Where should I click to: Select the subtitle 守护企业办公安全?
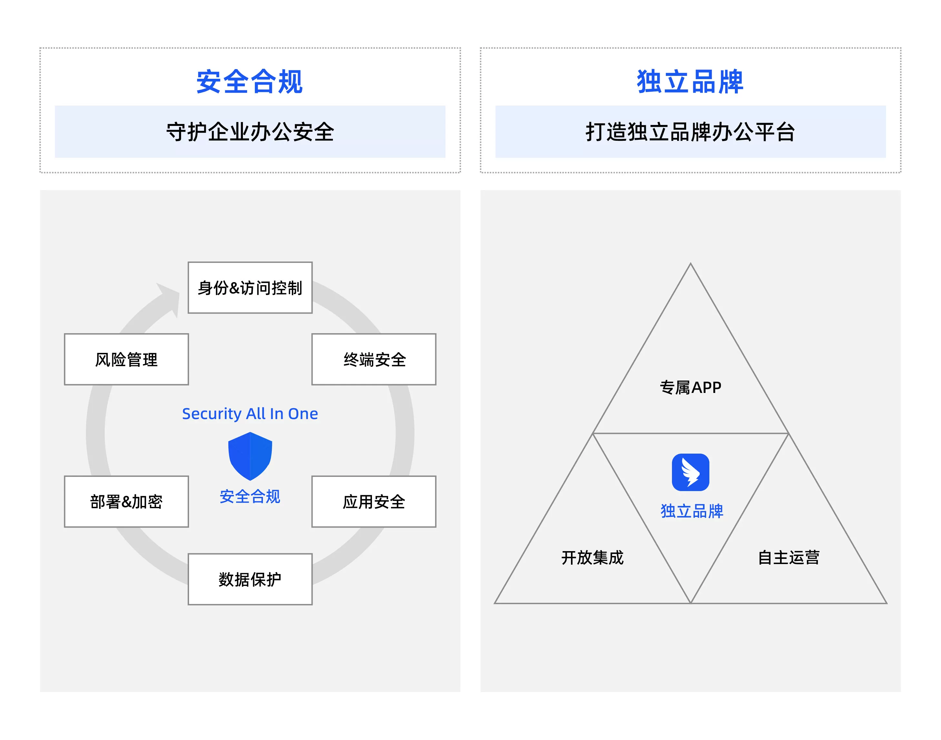pyautogui.click(x=250, y=132)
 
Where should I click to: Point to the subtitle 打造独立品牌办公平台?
pyautogui.click(x=690, y=132)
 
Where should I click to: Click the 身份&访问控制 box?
pyautogui.click(x=250, y=288)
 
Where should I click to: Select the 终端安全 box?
pyautogui.click(x=374, y=359)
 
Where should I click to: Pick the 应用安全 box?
pyautogui.click(x=374, y=501)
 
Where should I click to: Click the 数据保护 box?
pyautogui.click(x=250, y=579)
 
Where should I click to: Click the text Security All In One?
pyautogui.click(x=250, y=414)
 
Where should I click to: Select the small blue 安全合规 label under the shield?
pyautogui.click(x=250, y=497)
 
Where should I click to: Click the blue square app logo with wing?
pyautogui.click(x=690, y=472)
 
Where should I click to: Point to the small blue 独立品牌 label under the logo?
pyautogui.click(x=691, y=511)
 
